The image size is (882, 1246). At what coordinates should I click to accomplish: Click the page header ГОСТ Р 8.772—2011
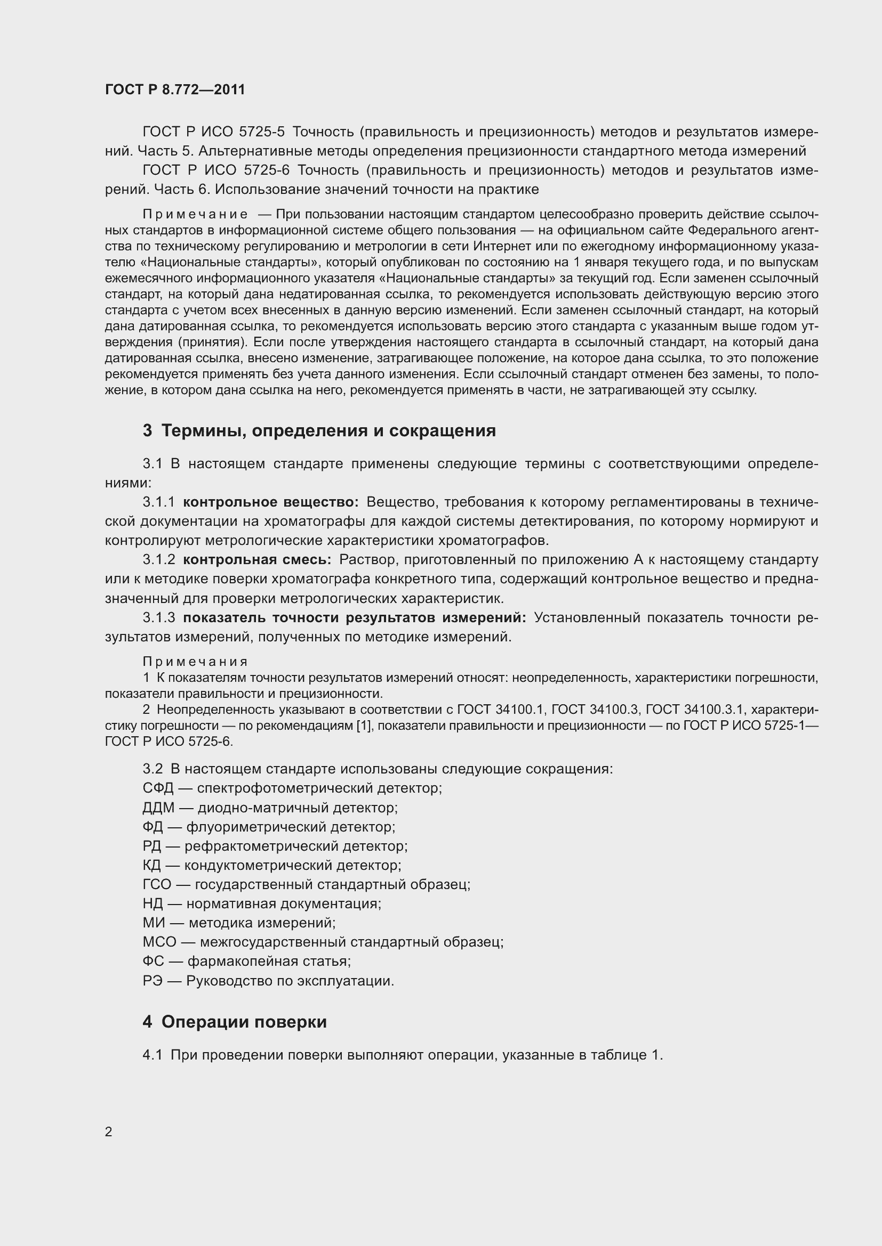175,89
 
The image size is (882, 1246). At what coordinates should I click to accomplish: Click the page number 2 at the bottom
109,1131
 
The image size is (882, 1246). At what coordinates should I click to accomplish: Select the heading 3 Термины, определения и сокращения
319,430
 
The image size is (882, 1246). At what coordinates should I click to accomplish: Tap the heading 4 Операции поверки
235,1022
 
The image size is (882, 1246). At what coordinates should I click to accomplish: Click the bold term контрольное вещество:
270,502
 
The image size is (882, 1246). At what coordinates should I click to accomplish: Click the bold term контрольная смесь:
257,559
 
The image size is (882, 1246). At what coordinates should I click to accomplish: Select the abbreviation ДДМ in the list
158,808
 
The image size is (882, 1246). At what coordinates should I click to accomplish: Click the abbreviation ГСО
157,885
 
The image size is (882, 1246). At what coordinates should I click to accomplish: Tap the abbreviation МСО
159,942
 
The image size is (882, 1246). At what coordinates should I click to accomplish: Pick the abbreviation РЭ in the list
153,981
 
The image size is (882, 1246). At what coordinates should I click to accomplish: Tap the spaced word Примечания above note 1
196,662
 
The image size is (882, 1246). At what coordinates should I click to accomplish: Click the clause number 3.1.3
158,617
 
